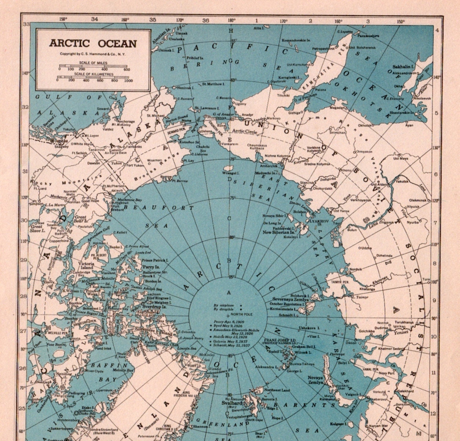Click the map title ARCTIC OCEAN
(x=93, y=43)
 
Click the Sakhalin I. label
(x=404, y=67)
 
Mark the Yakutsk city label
(x=402, y=181)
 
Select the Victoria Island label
(x=87, y=266)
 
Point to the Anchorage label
(x=126, y=121)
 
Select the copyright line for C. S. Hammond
(x=93, y=54)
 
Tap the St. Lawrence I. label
(x=207, y=108)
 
